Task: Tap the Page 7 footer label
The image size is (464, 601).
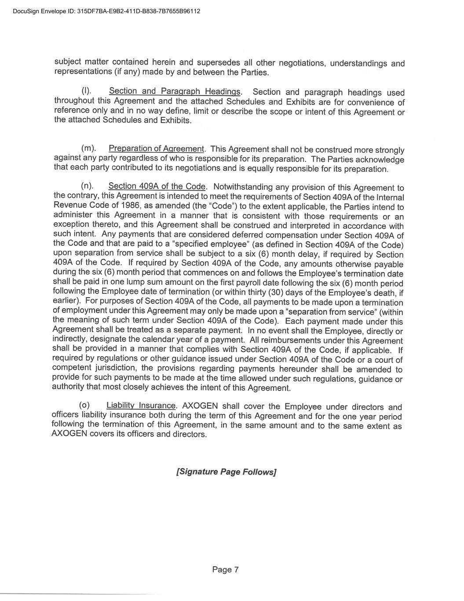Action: [225, 570]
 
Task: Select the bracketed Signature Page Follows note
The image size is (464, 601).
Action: [226, 472]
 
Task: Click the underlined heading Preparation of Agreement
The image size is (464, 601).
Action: [156, 149]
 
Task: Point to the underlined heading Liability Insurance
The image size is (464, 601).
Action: [141, 406]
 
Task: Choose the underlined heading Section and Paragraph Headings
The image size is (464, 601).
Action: [175, 91]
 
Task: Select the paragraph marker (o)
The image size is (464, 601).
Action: [84, 405]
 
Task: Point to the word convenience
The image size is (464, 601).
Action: [369, 102]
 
